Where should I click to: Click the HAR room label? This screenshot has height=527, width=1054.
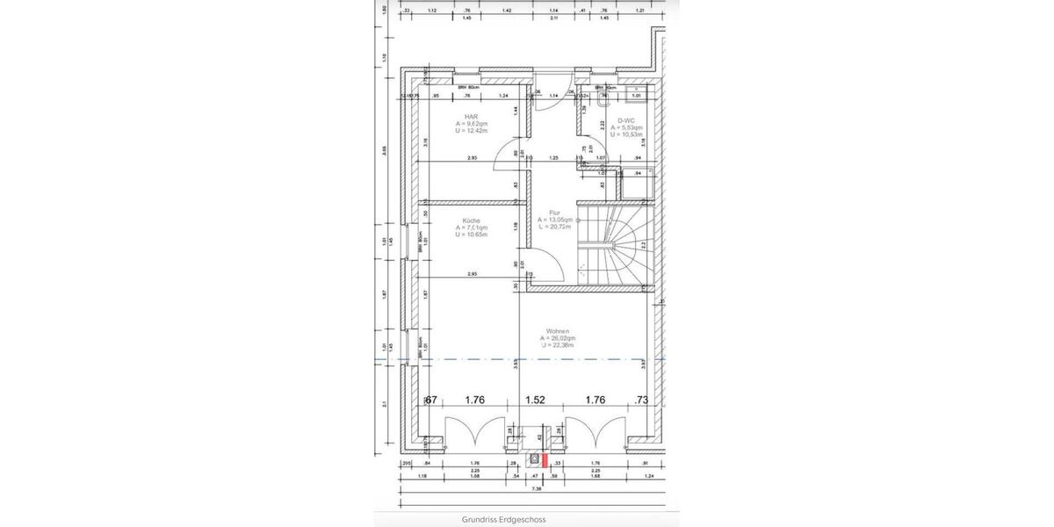472,116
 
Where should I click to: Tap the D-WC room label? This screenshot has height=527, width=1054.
626,120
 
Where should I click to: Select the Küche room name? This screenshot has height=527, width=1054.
471,220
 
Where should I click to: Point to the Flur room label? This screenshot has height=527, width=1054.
554,213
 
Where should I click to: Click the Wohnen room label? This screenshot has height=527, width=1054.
558,331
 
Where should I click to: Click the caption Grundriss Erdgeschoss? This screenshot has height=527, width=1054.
503,519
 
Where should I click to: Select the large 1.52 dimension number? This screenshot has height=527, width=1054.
535,400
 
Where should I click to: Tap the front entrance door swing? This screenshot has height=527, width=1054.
545,99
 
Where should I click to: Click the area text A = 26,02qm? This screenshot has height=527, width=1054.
559,338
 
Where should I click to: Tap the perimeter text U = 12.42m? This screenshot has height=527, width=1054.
472,131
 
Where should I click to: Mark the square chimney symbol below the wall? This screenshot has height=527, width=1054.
533,457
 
